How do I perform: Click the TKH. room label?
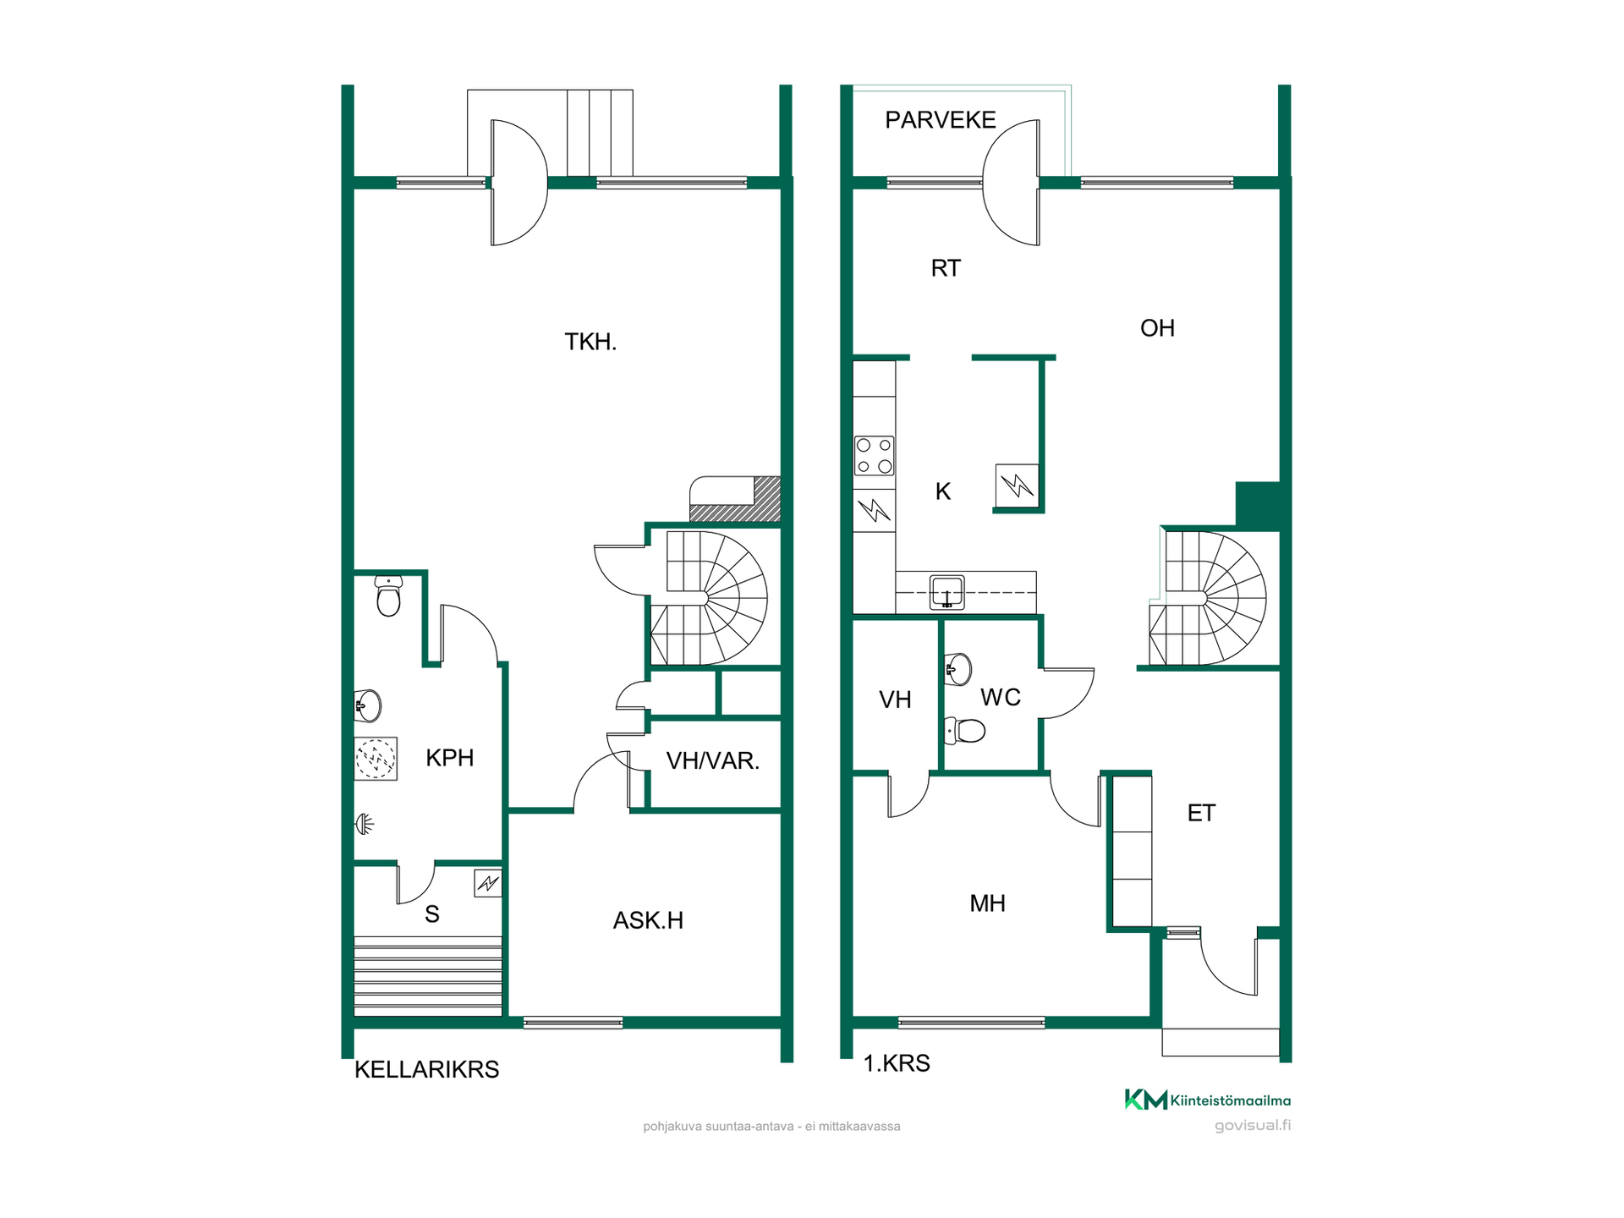tap(590, 342)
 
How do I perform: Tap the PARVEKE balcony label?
tap(940, 120)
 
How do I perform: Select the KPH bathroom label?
tap(449, 758)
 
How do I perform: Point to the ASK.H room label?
tap(648, 920)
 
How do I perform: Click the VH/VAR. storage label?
tap(713, 761)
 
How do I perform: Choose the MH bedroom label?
tap(987, 903)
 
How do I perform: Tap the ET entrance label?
tap(1201, 813)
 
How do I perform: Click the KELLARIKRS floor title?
tap(426, 1069)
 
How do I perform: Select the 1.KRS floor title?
tap(897, 1063)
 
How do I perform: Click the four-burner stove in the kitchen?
tap(874, 456)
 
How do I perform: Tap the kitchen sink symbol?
tap(946, 591)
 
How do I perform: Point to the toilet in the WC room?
tap(964, 730)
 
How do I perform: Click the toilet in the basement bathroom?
tap(388, 595)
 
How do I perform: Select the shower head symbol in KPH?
tap(365, 824)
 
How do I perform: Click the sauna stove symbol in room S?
tap(488, 884)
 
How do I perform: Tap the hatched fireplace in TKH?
tap(735, 499)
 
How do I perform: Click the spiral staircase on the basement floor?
tap(709, 598)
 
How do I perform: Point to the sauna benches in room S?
tap(428, 975)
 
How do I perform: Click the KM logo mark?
tap(1145, 1100)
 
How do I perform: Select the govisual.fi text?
tap(1253, 1126)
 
